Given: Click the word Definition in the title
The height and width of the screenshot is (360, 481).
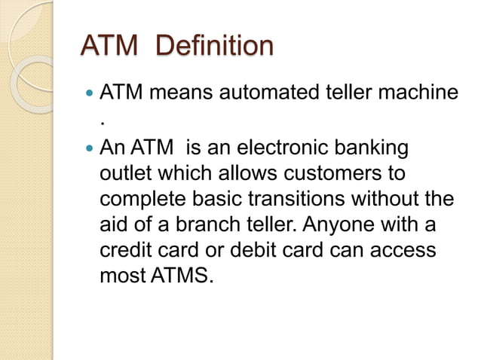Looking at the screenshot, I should click(x=214, y=46).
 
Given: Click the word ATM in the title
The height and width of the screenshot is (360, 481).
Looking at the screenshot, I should click(x=109, y=46).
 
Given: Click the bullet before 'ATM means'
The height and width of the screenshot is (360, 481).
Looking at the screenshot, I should click(x=89, y=95).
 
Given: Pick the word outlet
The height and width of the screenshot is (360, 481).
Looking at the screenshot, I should click(x=126, y=174).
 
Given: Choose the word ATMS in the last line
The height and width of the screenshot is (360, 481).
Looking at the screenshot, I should click(x=182, y=276).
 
